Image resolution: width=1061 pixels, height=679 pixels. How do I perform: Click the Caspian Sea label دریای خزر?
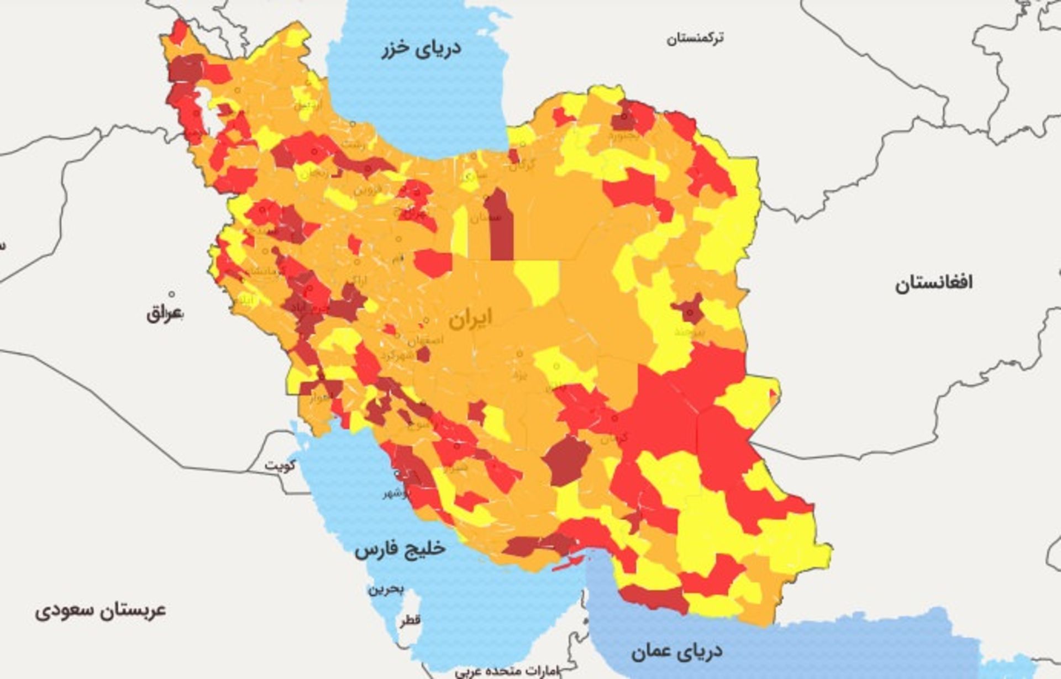[421, 48]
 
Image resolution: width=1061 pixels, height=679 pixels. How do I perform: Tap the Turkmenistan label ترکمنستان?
[695, 38]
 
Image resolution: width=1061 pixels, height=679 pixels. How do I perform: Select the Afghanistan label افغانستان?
[933, 283]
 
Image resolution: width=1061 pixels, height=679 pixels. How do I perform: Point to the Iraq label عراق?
[164, 314]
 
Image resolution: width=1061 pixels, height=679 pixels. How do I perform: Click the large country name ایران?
[470, 318]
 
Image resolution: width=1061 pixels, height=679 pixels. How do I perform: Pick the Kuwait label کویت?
[280, 465]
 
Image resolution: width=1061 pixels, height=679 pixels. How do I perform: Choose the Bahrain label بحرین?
[386, 589]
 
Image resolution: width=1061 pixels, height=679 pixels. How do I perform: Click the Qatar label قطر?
[410, 620]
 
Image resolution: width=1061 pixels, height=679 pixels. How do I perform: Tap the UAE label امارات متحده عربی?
[507, 671]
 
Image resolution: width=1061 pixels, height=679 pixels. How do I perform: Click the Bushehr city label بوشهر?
[397, 493]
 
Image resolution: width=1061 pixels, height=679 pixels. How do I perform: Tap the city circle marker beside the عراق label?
[171, 294]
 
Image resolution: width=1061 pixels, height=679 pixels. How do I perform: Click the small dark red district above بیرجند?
[689, 309]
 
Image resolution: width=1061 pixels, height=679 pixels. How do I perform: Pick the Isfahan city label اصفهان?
[425, 340]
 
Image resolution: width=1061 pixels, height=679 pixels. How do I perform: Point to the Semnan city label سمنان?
[486, 217]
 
